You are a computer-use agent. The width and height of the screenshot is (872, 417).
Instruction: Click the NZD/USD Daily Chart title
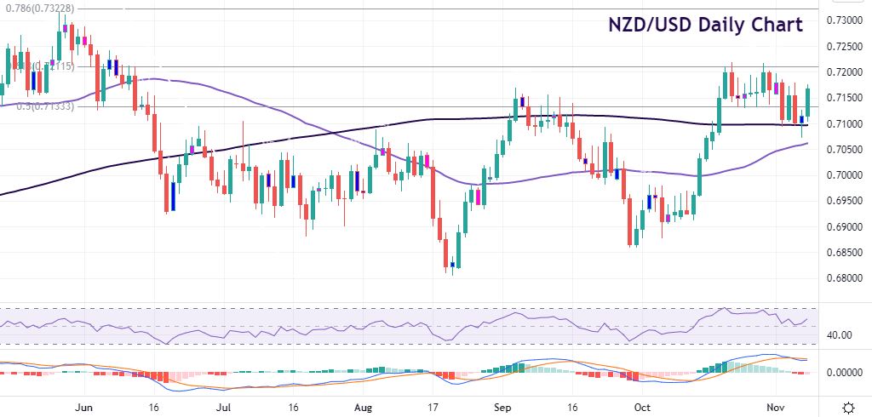click(x=704, y=25)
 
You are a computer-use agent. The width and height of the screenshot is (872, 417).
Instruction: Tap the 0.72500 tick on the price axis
click(x=848, y=46)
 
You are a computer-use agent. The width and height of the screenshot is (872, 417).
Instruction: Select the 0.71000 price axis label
click(x=848, y=124)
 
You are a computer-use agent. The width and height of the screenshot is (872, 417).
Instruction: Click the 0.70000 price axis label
click(x=848, y=175)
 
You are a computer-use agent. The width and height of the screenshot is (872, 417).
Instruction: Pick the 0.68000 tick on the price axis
click(x=848, y=278)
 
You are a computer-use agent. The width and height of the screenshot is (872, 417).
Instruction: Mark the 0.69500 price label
click(x=848, y=201)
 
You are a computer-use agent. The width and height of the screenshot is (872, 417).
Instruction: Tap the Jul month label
click(x=222, y=407)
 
